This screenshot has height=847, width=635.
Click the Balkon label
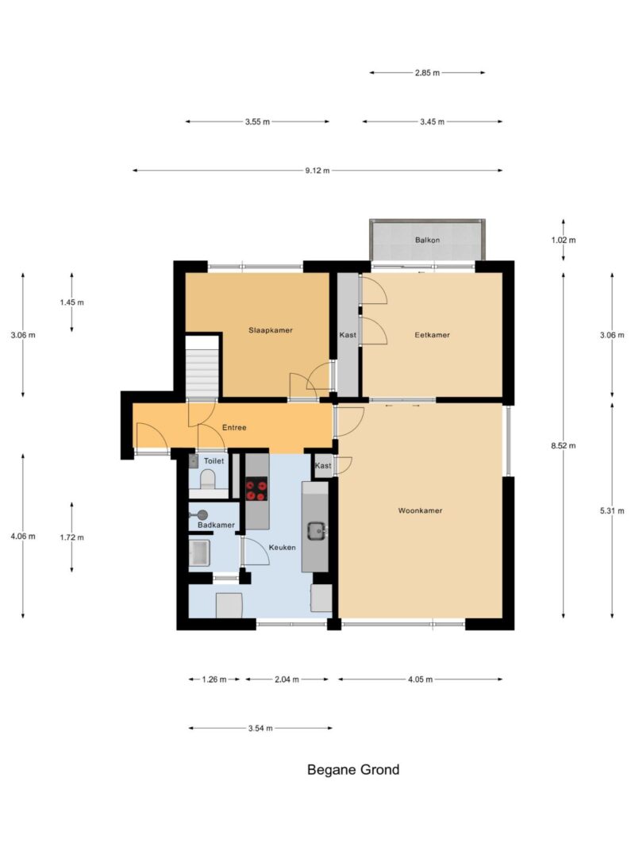pyautogui.click(x=427, y=240)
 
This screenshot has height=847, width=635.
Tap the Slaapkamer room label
pyautogui.click(x=271, y=330)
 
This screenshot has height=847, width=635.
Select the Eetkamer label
pyautogui.click(x=432, y=335)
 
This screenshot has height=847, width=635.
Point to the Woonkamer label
pyautogui.click(x=420, y=510)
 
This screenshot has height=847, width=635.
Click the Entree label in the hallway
pyautogui.click(x=234, y=427)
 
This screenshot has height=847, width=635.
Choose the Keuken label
pyautogui.click(x=283, y=547)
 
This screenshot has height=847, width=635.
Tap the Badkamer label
pyautogui.click(x=216, y=525)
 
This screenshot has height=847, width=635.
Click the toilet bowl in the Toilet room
pyautogui.click(x=208, y=479)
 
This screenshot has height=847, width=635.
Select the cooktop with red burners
pyautogui.click(x=256, y=490)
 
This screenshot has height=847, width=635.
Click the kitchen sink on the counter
pyautogui.click(x=315, y=531)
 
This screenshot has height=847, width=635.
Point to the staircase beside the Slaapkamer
pyautogui.click(x=202, y=367)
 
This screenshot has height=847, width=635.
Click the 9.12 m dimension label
pyautogui.click(x=317, y=171)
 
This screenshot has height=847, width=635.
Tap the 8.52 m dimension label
pyautogui.click(x=564, y=445)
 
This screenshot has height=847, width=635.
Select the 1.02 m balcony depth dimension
pyautogui.click(x=564, y=240)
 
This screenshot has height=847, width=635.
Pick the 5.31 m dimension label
pyautogui.click(x=612, y=510)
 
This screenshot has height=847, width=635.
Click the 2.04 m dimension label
pyautogui.click(x=287, y=680)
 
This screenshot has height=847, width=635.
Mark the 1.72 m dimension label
pyautogui.click(x=71, y=537)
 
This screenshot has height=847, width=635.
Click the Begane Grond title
pyautogui.click(x=353, y=770)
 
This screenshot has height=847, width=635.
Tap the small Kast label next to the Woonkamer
pyautogui.click(x=323, y=466)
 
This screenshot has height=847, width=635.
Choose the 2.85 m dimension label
pyautogui.click(x=427, y=73)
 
